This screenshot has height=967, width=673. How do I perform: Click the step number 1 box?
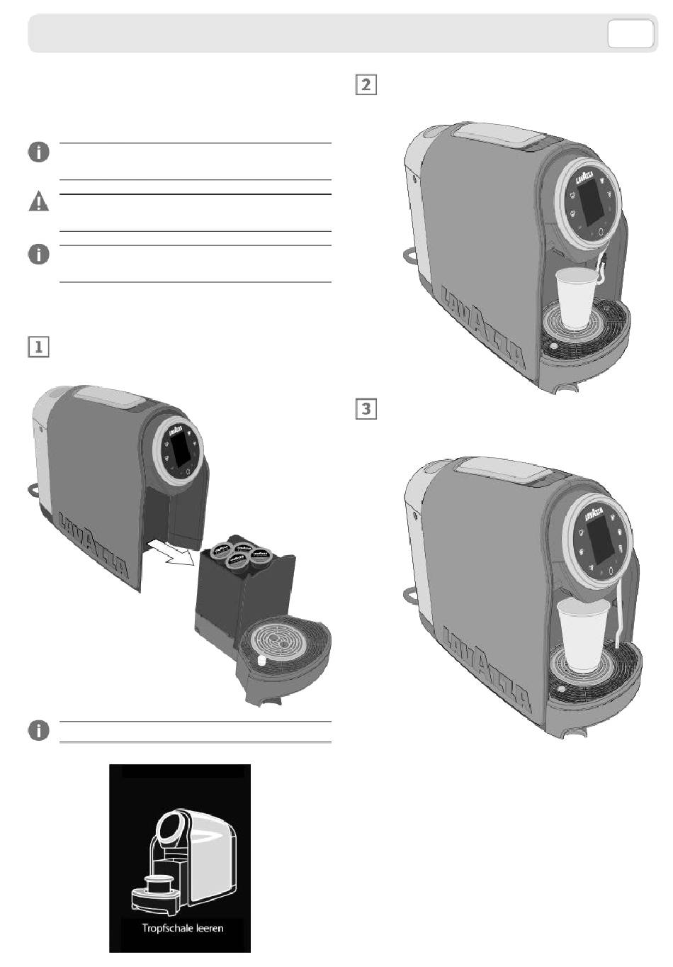[38, 347]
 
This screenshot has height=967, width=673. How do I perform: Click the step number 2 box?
[365, 85]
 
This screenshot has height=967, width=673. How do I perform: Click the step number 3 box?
[365, 409]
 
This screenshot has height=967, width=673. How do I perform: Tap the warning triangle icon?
[39, 202]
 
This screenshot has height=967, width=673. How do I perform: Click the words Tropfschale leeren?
[183, 928]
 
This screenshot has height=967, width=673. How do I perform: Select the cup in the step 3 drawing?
[583, 632]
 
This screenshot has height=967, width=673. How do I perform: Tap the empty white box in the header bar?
[630, 34]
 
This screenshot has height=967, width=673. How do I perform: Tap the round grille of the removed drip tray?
[276, 640]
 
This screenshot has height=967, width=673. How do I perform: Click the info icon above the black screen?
[39, 731]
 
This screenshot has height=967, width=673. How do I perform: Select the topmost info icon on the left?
[39, 152]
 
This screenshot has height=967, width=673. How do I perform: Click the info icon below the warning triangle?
[39, 255]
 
